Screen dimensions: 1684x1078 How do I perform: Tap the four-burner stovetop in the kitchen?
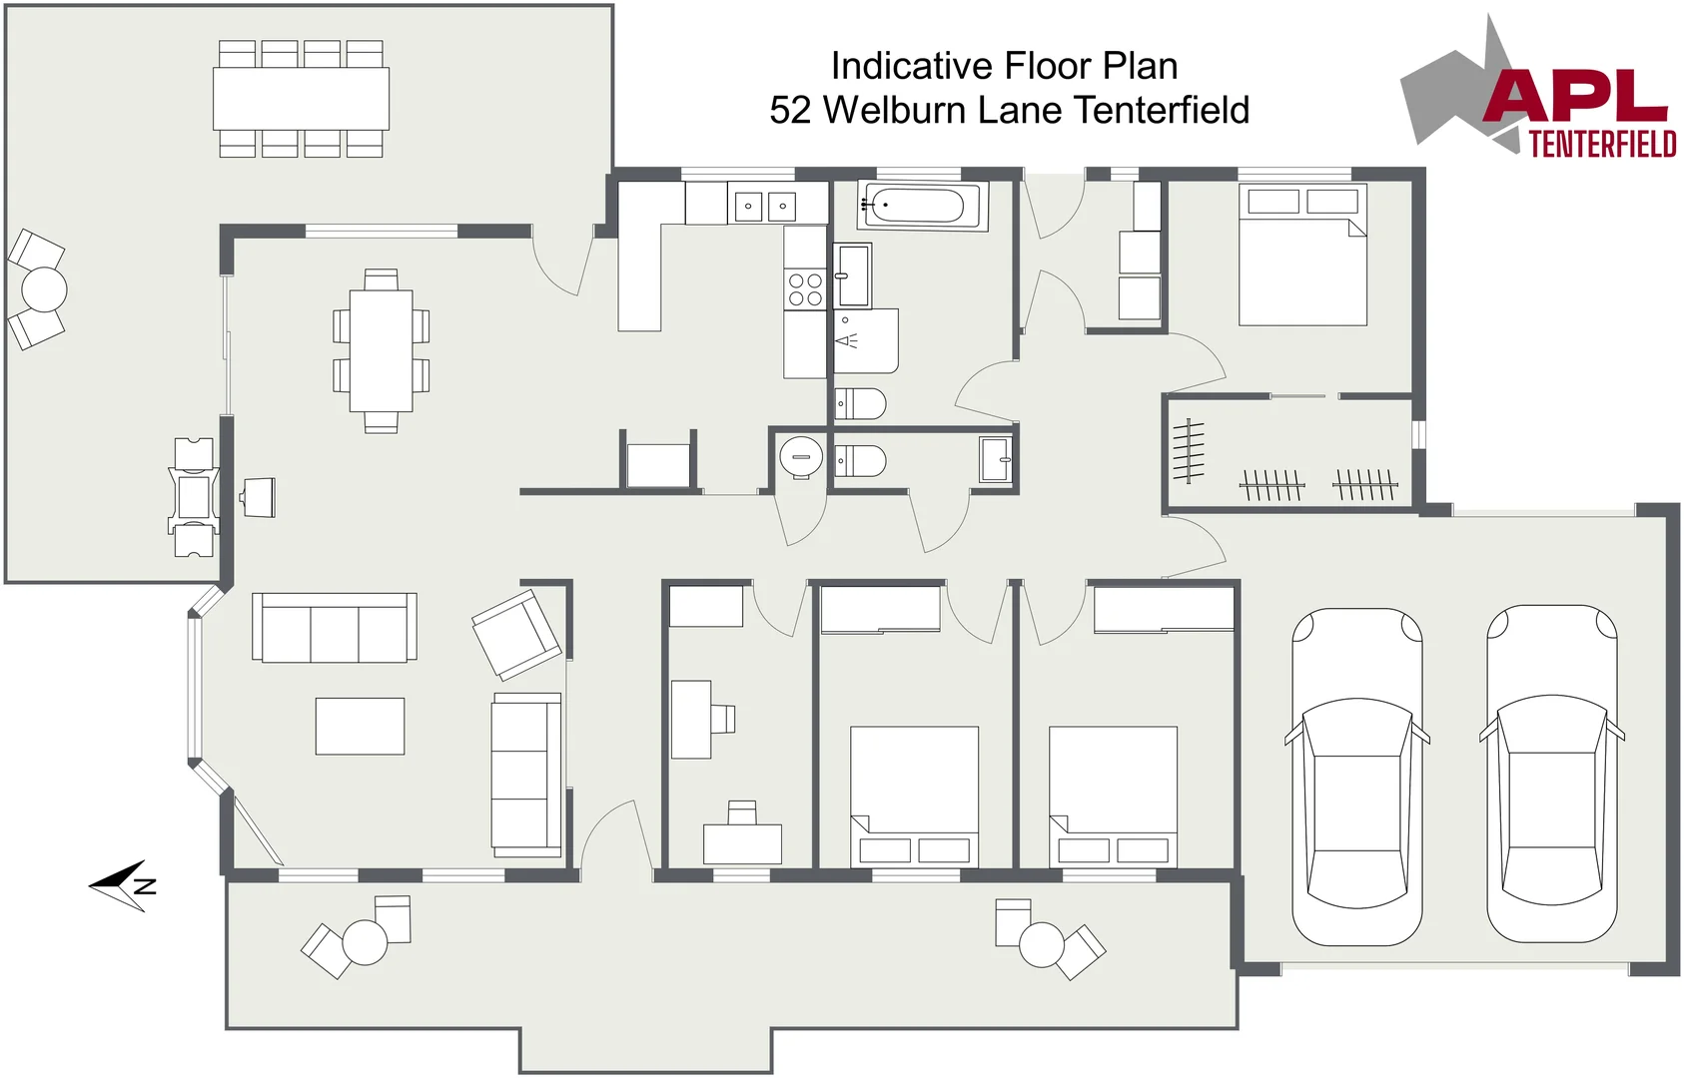804,289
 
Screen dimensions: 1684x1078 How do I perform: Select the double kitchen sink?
765,205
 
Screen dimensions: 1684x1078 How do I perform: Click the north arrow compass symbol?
123,886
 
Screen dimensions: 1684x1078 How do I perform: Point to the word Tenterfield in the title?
1161,110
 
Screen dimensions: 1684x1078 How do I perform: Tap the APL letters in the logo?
1576,96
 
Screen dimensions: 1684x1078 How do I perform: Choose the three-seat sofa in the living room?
335,627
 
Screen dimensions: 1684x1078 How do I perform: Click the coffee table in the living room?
361,726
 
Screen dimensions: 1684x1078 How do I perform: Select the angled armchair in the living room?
516,634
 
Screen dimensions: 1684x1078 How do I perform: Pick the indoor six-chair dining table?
382,350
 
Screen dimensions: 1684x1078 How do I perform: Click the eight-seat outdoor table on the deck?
301,99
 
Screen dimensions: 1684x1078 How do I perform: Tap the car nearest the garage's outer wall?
1552,774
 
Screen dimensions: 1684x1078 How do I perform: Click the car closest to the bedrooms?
1357,776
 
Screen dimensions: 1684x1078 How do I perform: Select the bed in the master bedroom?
1302,256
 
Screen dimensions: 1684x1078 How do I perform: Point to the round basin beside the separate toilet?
801,456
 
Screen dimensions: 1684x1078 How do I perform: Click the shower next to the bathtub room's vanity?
866,340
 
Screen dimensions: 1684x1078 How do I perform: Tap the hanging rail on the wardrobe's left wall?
1189,451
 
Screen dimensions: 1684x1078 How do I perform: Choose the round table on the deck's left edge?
44,289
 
